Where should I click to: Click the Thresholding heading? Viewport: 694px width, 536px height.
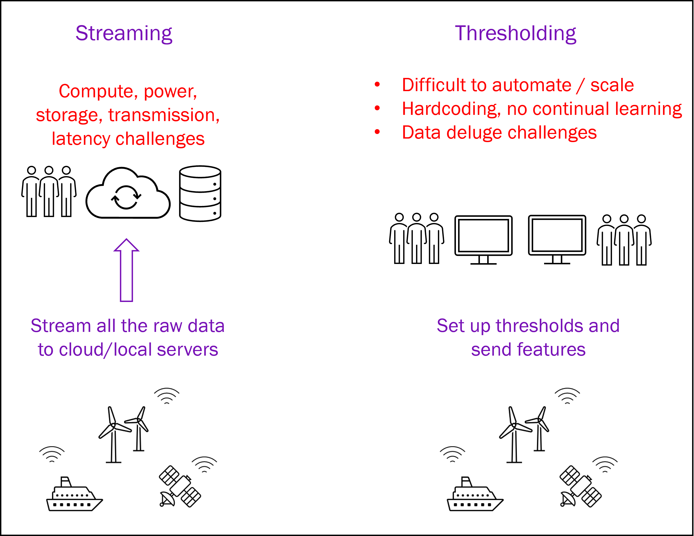point(516,33)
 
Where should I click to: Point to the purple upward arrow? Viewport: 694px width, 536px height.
point(126,270)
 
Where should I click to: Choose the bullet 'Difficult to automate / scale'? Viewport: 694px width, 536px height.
point(518,85)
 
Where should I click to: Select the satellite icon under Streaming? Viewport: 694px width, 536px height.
point(180,486)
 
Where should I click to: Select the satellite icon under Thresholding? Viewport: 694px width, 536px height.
point(580,486)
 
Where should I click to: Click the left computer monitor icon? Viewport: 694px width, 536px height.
point(483,240)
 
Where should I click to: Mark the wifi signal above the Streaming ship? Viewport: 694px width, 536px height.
point(52,454)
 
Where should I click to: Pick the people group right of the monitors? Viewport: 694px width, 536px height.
point(624,240)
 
